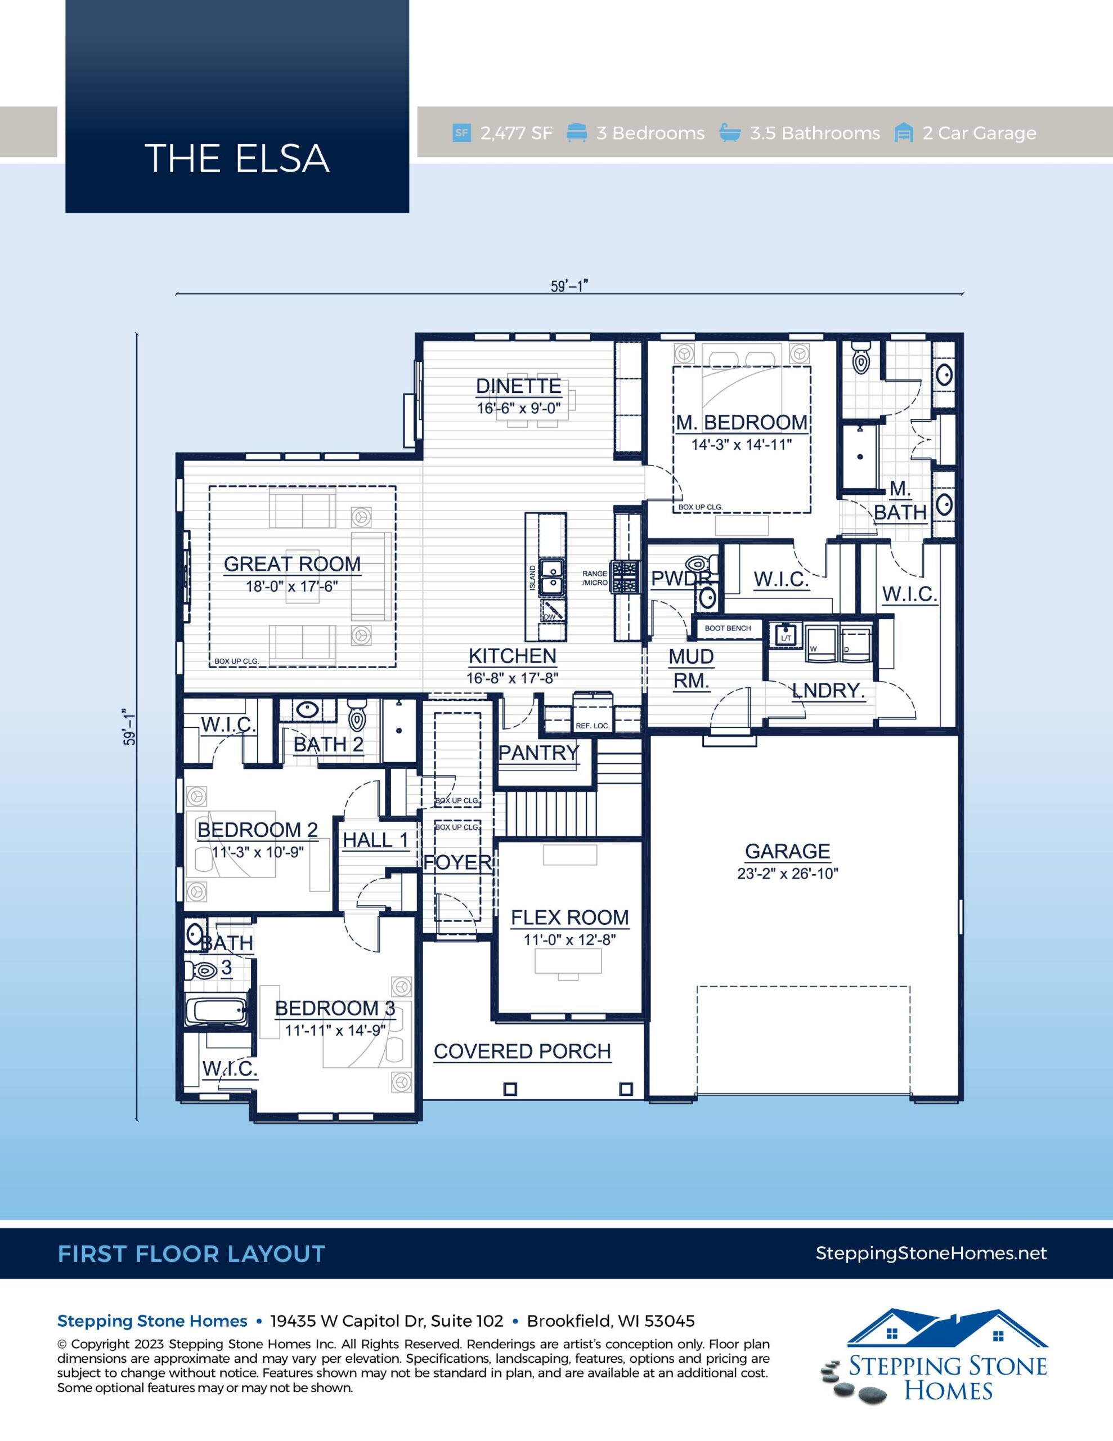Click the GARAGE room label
[787, 851]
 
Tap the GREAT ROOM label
[292, 564]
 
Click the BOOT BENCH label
[728, 628]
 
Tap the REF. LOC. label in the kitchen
[593, 726]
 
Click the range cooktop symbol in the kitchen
[624, 576]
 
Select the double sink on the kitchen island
[551, 576]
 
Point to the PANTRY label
[538, 752]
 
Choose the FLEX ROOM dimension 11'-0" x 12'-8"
[569, 939]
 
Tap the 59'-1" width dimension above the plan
[569, 286]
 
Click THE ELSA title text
[237, 158]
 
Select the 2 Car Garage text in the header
[979, 133]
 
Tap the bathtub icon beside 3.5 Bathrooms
[729, 133]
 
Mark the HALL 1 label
[375, 840]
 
